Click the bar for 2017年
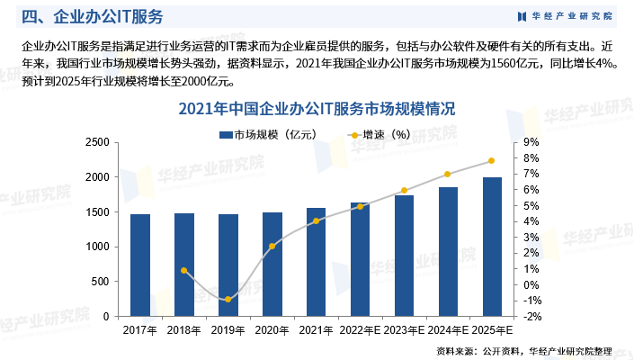pos(140,265)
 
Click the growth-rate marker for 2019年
pos(228,299)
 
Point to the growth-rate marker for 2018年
pos(184,270)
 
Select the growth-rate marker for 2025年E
pos(492,161)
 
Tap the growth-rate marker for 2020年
pos(272,246)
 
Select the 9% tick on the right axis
pos(531,142)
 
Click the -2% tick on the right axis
pos(531,317)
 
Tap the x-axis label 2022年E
pos(360,331)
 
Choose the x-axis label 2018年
pos(184,331)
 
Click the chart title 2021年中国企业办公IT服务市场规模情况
pos(317,109)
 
